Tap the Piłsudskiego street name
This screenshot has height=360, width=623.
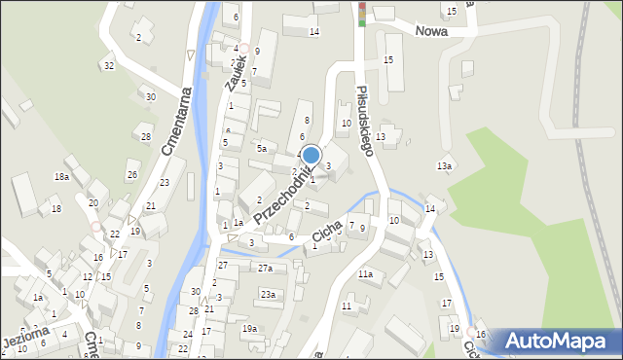click(x=362, y=122)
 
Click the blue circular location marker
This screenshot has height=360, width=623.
click(x=311, y=156)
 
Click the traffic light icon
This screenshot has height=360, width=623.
click(x=362, y=14)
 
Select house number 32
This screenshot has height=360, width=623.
click(x=109, y=65)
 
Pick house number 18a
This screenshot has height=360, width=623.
click(x=61, y=176)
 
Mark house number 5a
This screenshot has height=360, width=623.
click(x=261, y=148)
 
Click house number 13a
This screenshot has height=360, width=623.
click(x=444, y=166)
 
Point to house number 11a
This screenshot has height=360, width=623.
click(x=364, y=274)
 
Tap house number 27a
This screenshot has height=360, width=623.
click(x=265, y=268)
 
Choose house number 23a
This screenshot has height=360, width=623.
click(x=267, y=294)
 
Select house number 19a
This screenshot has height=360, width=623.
click(x=250, y=328)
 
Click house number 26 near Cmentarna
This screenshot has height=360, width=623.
click(x=131, y=175)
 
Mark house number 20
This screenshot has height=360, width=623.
click(x=93, y=202)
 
